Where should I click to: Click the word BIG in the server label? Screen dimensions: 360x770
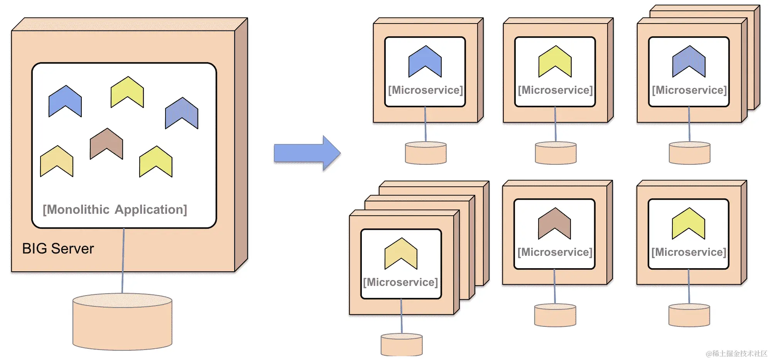coord(34,248)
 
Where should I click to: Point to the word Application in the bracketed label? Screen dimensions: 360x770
coord(150,210)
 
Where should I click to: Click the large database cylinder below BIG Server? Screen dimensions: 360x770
coord(122,324)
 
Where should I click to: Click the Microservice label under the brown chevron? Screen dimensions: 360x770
coord(555,252)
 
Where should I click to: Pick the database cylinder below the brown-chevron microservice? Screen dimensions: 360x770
coord(555,316)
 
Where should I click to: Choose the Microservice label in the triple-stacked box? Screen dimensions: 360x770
coord(400,282)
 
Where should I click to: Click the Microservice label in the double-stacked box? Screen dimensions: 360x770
coord(689,90)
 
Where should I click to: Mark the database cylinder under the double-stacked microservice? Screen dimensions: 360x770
coord(689,153)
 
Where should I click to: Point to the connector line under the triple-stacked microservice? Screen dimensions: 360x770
coord(401,316)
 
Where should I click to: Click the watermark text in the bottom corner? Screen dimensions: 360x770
coord(736,353)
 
